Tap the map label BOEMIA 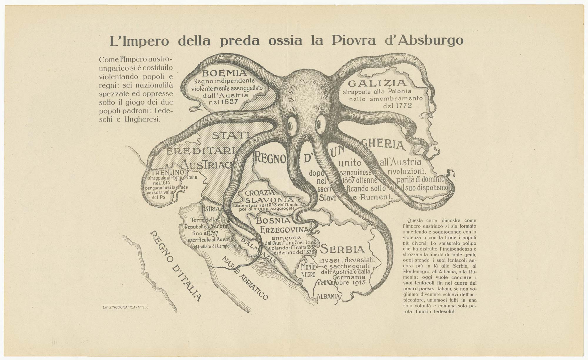[x=224, y=73]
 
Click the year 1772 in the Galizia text [x=397, y=105]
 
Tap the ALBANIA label [x=328, y=296]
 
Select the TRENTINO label [x=168, y=172]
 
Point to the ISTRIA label [x=211, y=209]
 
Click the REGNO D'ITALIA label [x=176, y=266]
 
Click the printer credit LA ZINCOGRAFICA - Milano [x=125, y=307]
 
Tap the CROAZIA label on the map [x=260, y=193]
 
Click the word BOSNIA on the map [x=273, y=220]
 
